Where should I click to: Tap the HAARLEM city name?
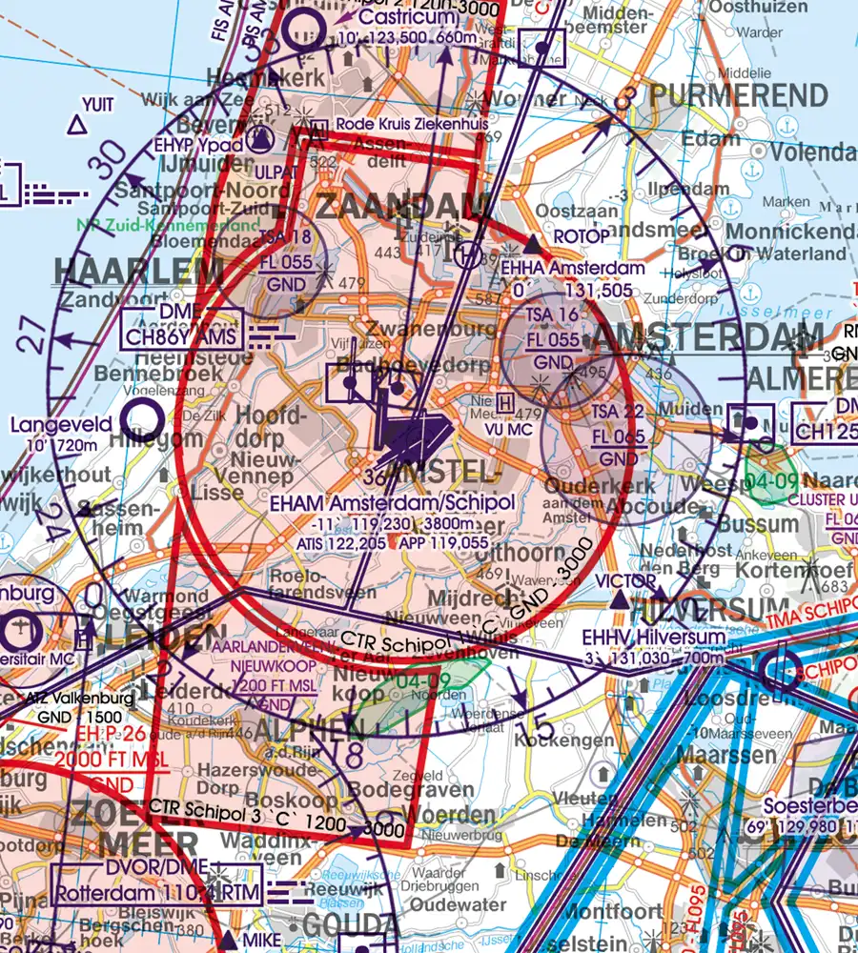coord(138,272)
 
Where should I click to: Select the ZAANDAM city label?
coord(400,208)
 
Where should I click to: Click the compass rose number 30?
coord(112,152)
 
